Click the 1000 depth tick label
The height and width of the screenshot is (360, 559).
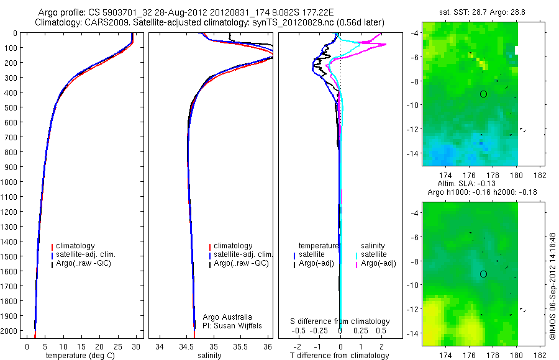click(9, 182)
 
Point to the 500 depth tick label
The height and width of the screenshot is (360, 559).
click(11, 107)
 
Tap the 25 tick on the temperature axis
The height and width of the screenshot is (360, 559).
click(117, 347)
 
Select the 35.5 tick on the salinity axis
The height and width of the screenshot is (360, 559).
click(240, 347)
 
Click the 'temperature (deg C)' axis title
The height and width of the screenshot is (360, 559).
click(80, 356)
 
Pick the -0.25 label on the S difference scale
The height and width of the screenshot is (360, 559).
click(319, 330)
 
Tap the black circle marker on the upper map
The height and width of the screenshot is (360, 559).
click(483, 94)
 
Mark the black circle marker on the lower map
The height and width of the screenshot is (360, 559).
click(483, 274)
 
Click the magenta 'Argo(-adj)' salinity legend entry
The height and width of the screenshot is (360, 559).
click(376, 263)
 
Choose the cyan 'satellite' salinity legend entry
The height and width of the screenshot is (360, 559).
click(371, 254)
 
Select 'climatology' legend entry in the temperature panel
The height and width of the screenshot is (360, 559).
click(73, 246)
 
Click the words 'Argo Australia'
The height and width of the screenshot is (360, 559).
click(227, 317)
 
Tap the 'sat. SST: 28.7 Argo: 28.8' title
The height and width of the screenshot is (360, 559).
click(482, 12)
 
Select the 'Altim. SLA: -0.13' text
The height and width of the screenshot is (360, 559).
click(466, 184)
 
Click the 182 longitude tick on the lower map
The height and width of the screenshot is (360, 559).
click(540, 355)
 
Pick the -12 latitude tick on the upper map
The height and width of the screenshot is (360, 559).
click(413, 129)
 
